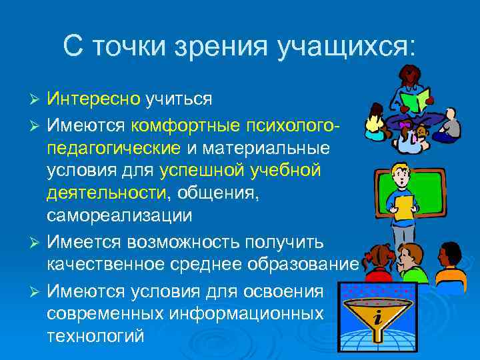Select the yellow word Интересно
[93, 99]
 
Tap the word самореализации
[119, 217]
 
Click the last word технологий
[95, 336]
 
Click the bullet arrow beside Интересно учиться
[37, 100]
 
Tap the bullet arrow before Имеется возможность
[37, 241]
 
